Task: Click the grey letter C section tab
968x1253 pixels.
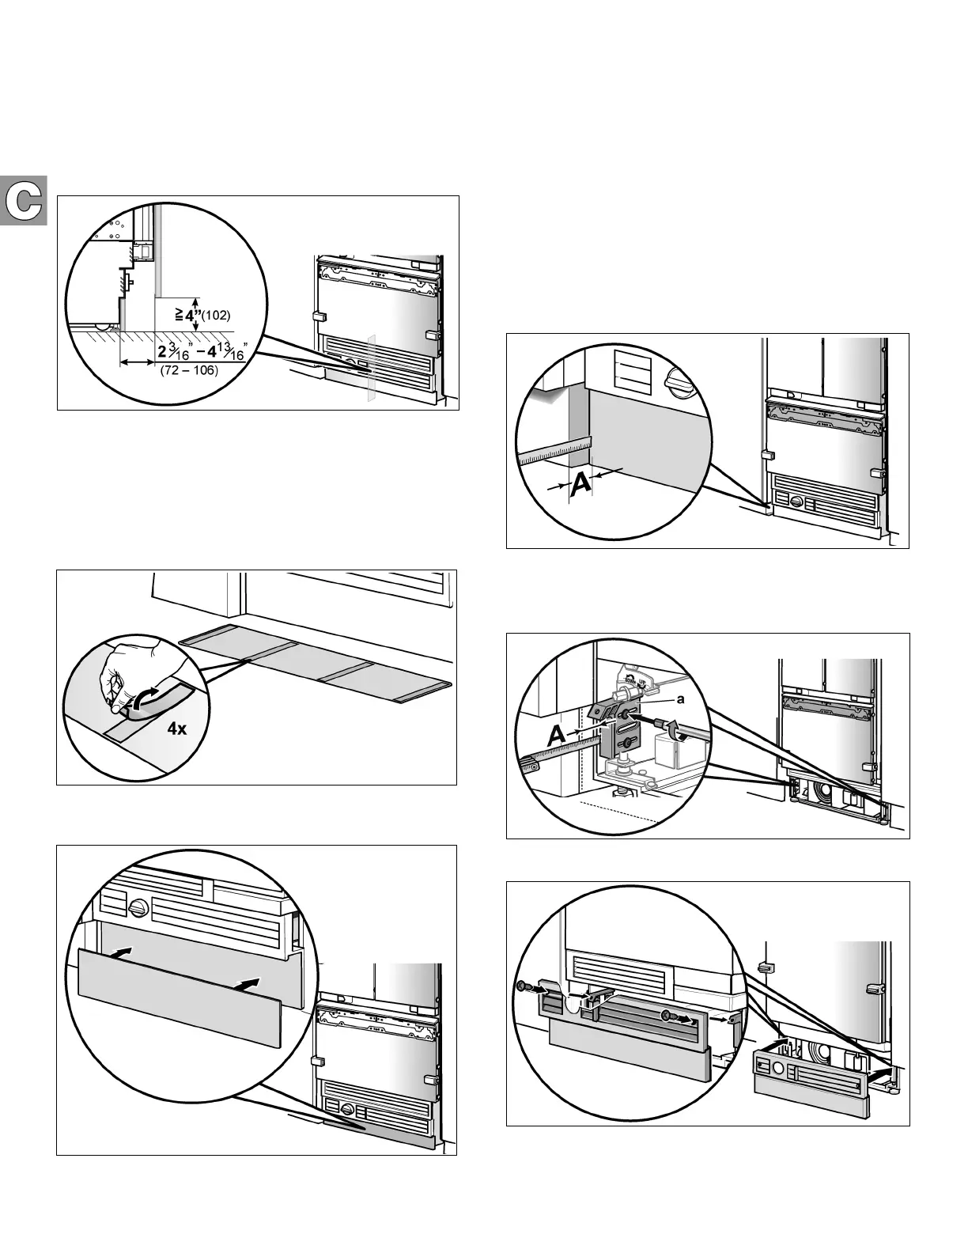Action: (x=24, y=202)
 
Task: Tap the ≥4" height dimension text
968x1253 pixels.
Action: (x=187, y=314)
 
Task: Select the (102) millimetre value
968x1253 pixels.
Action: (x=215, y=316)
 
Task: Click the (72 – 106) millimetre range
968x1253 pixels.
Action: (x=188, y=370)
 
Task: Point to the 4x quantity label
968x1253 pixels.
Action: (x=177, y=729)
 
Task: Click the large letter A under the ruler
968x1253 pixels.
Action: (x=579, y=485)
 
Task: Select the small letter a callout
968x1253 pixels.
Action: (x=679, y=700)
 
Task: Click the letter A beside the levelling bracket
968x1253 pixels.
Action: (x=557, y=736)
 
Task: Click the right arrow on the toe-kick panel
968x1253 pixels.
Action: (x=247, y=985)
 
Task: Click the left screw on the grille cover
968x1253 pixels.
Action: (x=523, y=986)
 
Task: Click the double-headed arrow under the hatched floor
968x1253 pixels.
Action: (x=137, y=362)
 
